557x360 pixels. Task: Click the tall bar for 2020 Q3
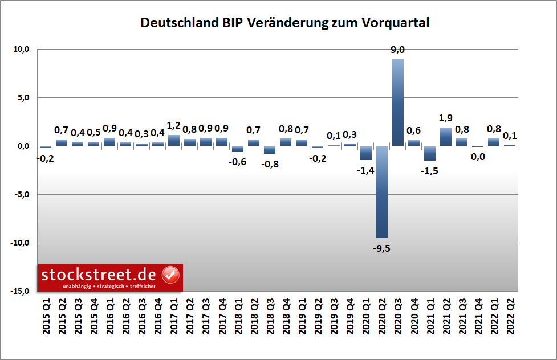[398, 103]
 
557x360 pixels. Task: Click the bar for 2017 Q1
[173, 141]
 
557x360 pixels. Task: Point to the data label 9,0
[398, 51]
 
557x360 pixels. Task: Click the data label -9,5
[382, 248]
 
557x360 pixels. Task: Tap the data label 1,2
[173, 126]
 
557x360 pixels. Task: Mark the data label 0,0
[478, 157]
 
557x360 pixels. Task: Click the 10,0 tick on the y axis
[22, 50]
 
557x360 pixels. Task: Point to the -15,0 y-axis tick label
[20, 292]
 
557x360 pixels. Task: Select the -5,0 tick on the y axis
[21, 195]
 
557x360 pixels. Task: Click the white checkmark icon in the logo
[171, 275]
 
